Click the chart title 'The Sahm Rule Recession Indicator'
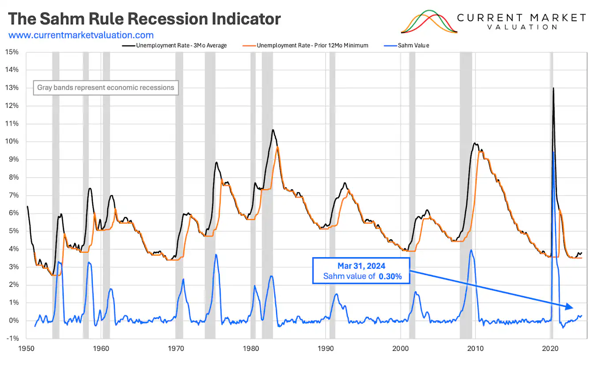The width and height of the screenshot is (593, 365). (x=145, y=19)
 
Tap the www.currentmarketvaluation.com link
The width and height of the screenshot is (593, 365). (x=81, y=35)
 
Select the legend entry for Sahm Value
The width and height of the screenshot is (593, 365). (x=413, y=45)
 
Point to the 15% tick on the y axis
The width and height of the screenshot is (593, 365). (x=12, y=52)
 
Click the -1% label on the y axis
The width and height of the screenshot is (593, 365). (x=12, y=338)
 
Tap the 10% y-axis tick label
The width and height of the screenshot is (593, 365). (x=12, y=141)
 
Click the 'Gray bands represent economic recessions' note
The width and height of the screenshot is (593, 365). (x=105, y=87)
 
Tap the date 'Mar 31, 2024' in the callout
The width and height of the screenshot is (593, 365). (x=361, y=266)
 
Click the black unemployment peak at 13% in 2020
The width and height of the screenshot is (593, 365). (x=553, y=88)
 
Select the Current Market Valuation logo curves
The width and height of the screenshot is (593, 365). (x=429, y=22)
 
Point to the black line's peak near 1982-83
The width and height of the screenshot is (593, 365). (x=273, y=130)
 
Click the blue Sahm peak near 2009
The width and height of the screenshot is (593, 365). (x=471, y=250)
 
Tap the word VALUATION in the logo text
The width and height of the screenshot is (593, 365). (x=521, y=27)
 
